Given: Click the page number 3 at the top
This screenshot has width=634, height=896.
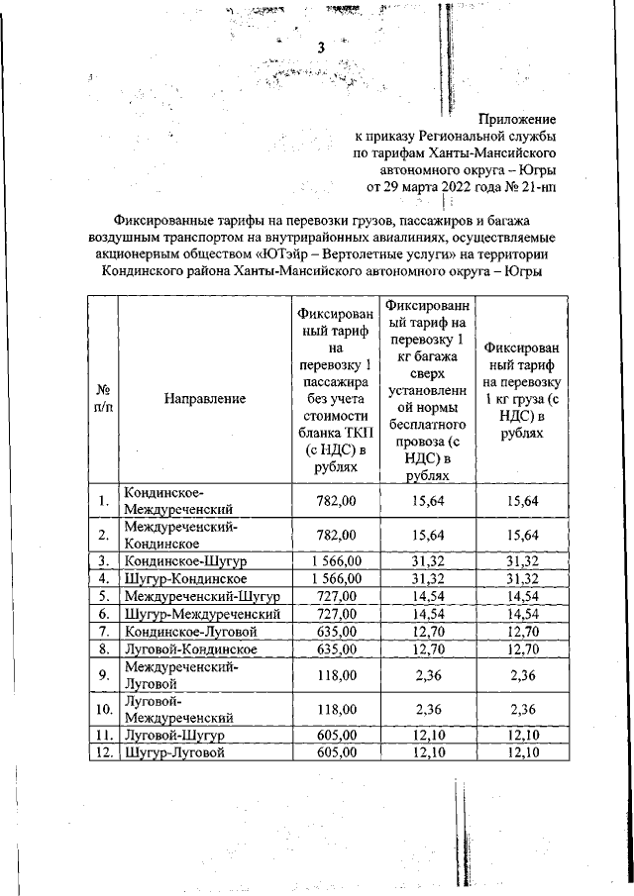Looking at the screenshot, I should pos(320,49).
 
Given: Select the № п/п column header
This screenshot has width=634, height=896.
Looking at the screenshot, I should pos(102,398).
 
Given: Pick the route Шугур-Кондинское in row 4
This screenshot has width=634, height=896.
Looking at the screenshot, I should pos(184,578).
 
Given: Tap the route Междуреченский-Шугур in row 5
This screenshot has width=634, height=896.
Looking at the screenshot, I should pos(203,596).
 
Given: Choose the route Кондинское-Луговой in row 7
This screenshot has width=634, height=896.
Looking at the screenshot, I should pos(189,632).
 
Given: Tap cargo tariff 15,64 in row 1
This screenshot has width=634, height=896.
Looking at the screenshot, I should pos(521,502).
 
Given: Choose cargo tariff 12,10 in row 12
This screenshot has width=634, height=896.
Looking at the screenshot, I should pos(521,752).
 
